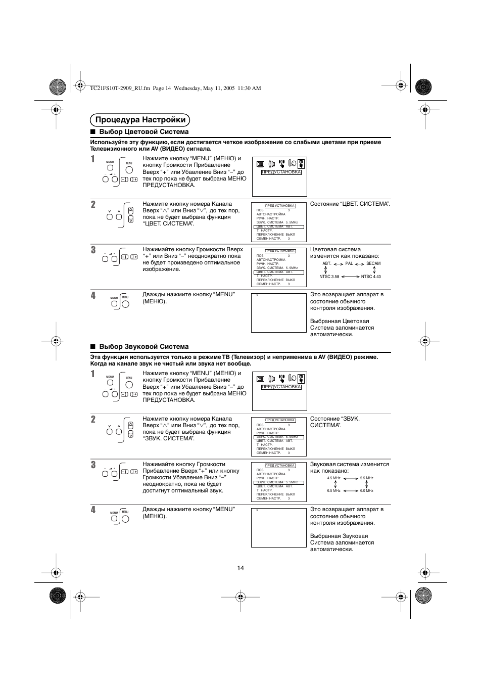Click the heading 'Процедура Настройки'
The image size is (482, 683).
click(x=140, y=120)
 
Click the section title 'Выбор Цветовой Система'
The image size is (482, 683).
click(x=143, y=132)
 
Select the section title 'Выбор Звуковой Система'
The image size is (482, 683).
click(x=143, y=347)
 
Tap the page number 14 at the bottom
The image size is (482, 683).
click(x=240, y=568)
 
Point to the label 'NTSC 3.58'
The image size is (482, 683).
click(x=329, y=277)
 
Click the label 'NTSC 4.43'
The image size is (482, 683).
click(x=371, y=277)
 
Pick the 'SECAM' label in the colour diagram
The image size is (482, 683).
click(x=373, y=263)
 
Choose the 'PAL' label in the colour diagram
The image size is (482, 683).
click(x=349, y=263)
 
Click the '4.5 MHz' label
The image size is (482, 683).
click(x=333, y=478)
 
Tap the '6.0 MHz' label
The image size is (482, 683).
click(x=367, y=490)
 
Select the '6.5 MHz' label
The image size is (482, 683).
click(x=333, y=490)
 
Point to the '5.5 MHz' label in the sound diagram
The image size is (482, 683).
click(x=367, y=478)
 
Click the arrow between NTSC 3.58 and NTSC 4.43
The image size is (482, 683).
click(x=350, y=277)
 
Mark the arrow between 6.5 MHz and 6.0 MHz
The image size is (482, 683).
click(x=350, y=490)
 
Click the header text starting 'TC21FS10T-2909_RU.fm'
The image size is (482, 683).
click(x=175, y=88)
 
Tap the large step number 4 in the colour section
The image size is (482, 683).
click(x=93, y=295)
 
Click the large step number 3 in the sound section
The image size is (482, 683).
click(x=93, y=465)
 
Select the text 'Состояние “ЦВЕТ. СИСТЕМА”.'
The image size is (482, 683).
click(x=350, y=204)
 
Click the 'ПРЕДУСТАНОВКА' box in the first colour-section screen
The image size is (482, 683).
click(x=281, y=172)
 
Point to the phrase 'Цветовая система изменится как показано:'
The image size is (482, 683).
click(x=345, y=252)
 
